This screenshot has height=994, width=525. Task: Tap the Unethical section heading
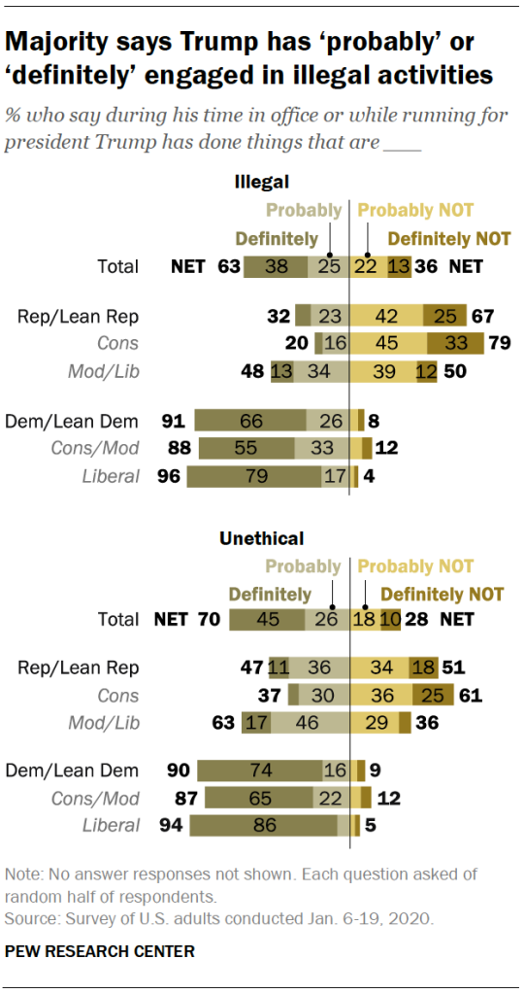[261, 537]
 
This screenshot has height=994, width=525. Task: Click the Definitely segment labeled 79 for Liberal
[254, 476]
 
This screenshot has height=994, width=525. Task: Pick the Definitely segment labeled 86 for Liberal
[263, 826]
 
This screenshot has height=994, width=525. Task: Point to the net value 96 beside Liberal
[169, 476]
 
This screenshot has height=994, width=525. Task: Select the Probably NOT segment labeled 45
[387, 342]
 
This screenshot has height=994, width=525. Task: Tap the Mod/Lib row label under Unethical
[103, 722]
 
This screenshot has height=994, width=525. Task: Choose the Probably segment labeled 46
[309, 722]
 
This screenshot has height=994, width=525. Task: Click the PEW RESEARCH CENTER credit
[100, 951]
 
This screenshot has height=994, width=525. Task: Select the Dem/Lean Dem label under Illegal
[72, 421]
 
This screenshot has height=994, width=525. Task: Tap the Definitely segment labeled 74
[260, 771]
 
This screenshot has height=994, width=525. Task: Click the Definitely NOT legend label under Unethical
[443, 594]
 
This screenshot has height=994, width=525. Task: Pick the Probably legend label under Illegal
[304, 210]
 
